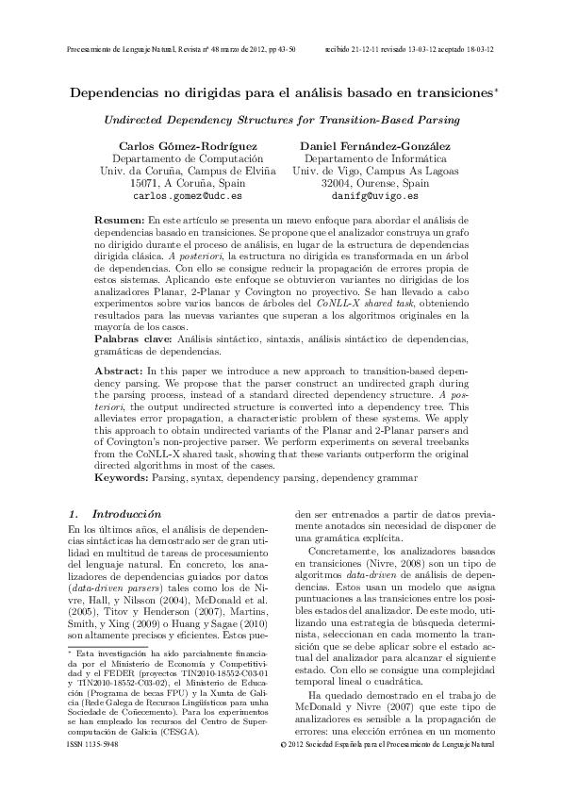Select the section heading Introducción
click(125, 515)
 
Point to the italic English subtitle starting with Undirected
click(280, 121)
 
